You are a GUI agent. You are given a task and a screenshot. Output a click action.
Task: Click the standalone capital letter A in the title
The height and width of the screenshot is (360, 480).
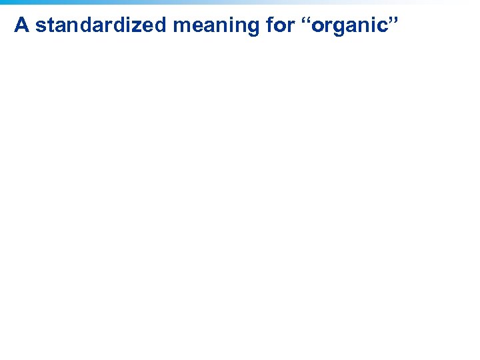coord(21,25)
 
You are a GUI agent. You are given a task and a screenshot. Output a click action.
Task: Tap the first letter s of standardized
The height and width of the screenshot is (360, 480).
coord(39,26)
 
